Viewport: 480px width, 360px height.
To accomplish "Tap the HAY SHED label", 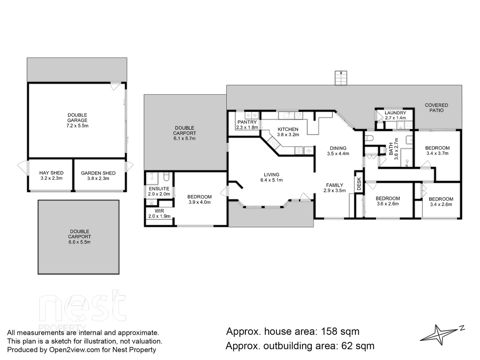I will pyautogui.click(x=51, y=173).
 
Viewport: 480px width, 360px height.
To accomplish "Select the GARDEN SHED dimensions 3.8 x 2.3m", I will pyautogui.click(x=98, y=178).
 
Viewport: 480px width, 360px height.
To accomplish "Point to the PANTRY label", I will pyautogui.click(x=247, y=122).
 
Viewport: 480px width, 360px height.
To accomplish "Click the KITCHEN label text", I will pyautogui.click(x=288, y=129).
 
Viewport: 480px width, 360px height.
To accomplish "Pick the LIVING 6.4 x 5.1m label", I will pyautogui.click(x=271, y=177).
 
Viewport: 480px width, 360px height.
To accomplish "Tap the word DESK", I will pyautogui.click(x=359, y=184).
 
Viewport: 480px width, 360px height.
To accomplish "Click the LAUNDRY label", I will pyautogui.click(x=395, y=113).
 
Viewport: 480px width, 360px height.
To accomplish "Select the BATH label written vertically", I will pyautogui.click(x=391, y=149).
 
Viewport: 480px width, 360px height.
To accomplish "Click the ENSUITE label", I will pyautogui.click(x=159, y=189).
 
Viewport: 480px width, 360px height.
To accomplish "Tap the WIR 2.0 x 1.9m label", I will pyautogui.click(x=159, y=213).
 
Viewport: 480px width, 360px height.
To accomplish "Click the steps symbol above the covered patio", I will pyautogui.click(x=341, y=78).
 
